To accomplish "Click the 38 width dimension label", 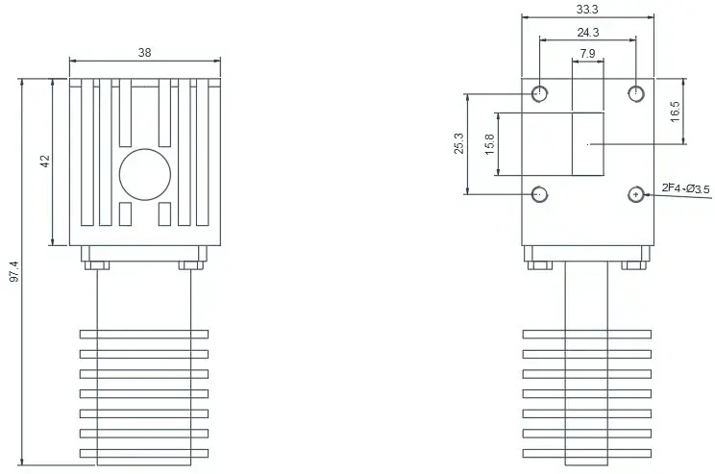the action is coord(144,53).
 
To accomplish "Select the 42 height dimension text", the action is coord(45,161).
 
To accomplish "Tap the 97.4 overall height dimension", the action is coord(14,271).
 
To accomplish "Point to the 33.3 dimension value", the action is coord(587,9).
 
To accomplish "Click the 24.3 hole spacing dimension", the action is coord(588,33).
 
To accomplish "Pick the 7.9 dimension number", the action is coord(587,54).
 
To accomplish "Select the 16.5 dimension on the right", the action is coord(675,112).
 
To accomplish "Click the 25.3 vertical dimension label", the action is coord(458,143).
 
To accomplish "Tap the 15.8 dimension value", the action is coord(489,144).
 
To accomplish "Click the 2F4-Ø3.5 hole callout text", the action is coord(686,187).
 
